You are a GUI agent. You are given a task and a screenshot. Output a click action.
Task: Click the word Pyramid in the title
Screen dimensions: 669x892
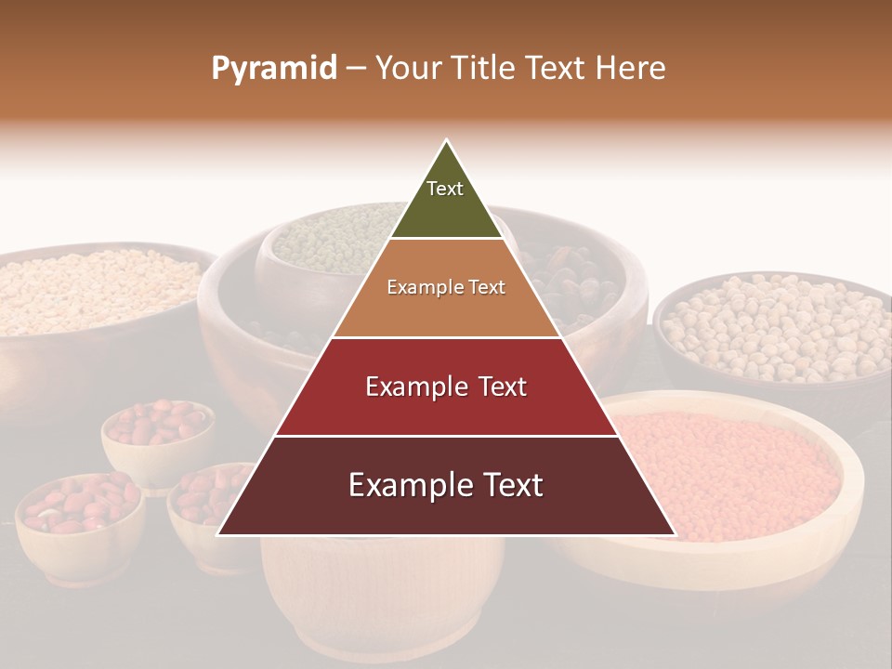click(x=273, y=69)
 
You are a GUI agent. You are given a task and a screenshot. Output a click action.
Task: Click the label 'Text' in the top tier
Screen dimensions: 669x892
click(x=445, y=189)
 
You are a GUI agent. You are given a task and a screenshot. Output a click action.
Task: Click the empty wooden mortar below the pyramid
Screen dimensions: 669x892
click(x=381, y=595)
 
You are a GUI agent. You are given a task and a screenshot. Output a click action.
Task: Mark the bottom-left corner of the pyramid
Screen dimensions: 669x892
click(x=218, y=534)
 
